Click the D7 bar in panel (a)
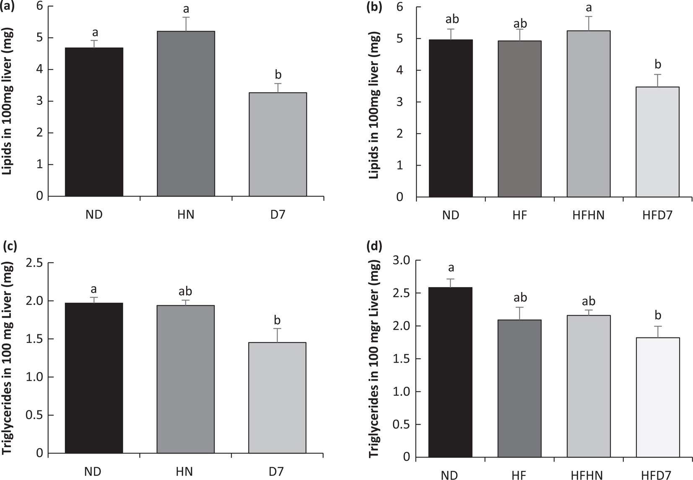point(278,144)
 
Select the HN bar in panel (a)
point(186,114)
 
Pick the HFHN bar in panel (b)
point(589,114)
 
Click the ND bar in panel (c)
point(94,378)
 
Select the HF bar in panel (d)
point(520,388)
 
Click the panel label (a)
point(10,7)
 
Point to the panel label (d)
point(374,246)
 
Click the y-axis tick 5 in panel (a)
point(39,38)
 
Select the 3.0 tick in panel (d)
point(401,261)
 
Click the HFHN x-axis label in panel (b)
point(589,215)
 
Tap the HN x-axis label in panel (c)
point(185,472)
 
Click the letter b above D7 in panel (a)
point(278,75)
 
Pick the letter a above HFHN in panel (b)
point(589,8)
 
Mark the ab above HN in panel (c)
point(185,291)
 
